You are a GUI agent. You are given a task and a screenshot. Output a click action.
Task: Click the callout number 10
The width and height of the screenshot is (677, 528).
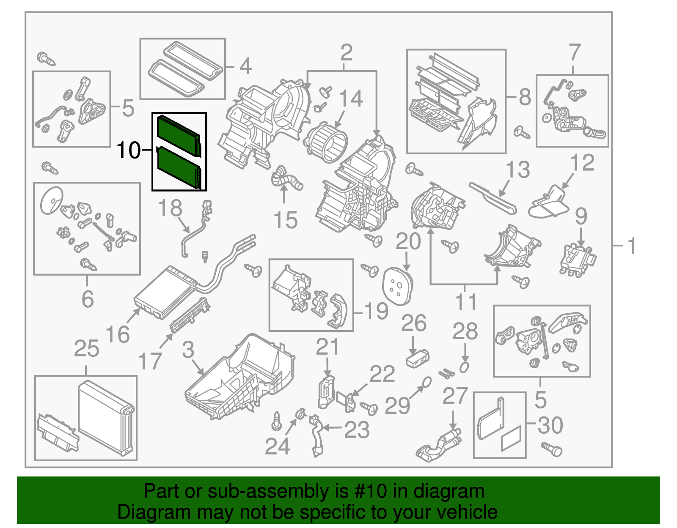pyautogui.click(x=128, y=150)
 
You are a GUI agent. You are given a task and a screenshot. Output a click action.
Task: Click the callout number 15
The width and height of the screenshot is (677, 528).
pyautogui.click(x=286, y=220)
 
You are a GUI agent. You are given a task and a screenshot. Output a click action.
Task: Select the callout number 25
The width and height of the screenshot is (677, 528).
pyautogui.click(x=86, y=349)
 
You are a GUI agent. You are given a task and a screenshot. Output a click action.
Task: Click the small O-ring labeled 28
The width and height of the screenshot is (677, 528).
pyautogui.click(x=464, y=367)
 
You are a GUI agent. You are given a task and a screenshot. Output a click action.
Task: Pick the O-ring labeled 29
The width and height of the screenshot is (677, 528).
pyautogui.click(x=427, y=382)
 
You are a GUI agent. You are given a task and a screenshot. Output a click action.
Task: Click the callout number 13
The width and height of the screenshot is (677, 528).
pyautogui.click(x=518, y=170)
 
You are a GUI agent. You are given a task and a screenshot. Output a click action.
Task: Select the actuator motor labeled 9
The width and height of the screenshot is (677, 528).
pyautogui.click(x=578, y=260)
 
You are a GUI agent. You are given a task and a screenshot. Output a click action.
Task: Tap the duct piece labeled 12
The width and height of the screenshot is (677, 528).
pyautogui.click(x=550, y=202)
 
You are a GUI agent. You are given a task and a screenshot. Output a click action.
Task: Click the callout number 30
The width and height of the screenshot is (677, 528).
pyautogui.click(x=550, y=425)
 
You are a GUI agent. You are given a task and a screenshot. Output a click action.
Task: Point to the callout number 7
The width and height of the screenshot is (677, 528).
pyautogui.click(x=574, y=53)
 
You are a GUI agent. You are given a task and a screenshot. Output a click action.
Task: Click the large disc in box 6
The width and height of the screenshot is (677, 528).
pyautogui.click(x=52, y=200)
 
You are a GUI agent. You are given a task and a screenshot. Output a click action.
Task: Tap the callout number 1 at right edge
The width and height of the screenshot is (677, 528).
pyautogui.click(x=632, y=246)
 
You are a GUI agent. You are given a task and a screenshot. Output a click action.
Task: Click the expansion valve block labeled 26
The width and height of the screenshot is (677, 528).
pyautogui.click(x=417, y=359)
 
